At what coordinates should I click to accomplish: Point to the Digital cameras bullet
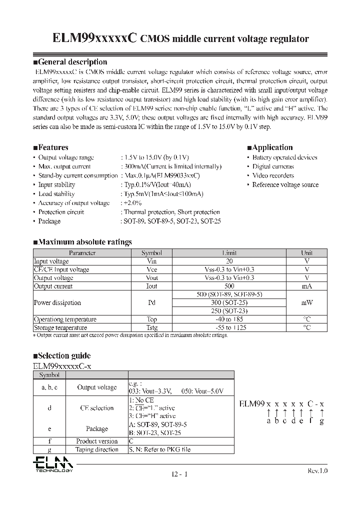click(272, 166)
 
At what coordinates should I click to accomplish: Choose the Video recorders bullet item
click(272, 175)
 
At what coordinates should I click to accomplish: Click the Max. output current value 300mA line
click(170, 166)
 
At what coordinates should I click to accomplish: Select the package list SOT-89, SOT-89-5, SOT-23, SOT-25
click(170, 221)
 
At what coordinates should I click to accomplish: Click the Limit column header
click(229, 253)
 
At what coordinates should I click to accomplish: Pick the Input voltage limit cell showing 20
click(229, 261)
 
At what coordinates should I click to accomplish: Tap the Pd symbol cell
click(151, 302)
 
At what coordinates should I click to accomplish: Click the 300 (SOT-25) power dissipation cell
click(229, 302)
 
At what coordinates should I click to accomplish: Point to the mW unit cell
click(306, 302)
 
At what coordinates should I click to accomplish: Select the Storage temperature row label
click(58, 327)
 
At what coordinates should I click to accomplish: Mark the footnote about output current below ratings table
click(130, 335)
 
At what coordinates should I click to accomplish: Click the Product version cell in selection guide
click(97, 441)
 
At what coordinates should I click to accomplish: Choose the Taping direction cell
click(97, 449)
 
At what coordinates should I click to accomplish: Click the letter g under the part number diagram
click(322, 421)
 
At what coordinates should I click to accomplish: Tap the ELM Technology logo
click(53, 464)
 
